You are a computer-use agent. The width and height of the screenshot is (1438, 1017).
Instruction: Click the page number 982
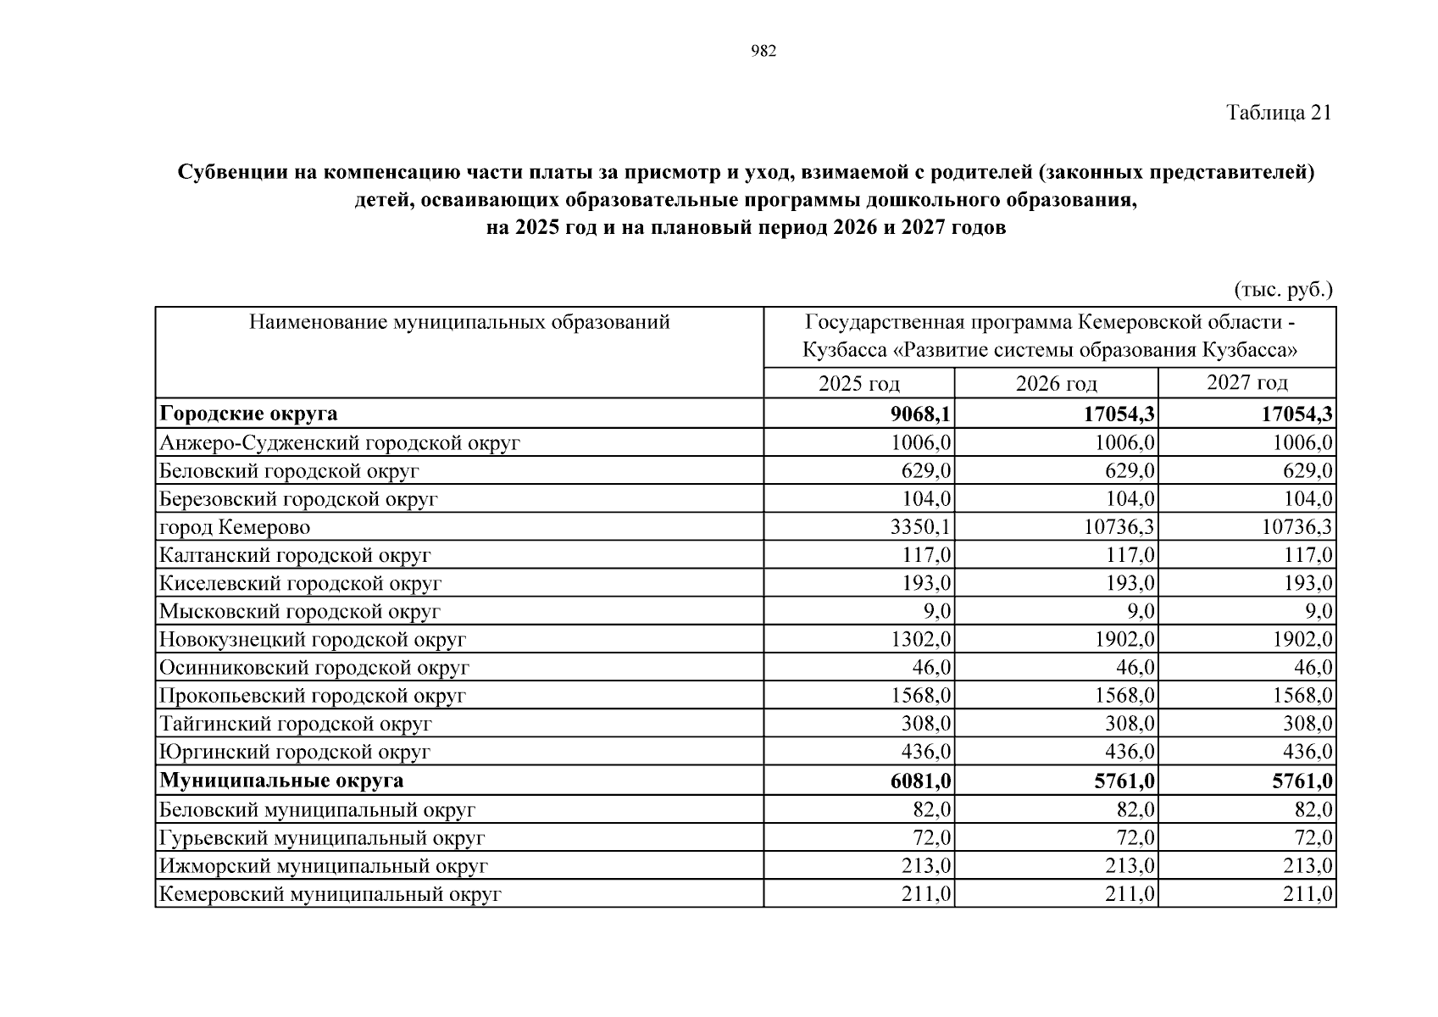coord(763,52)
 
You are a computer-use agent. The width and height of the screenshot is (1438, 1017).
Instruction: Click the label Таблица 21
coord(1279,113)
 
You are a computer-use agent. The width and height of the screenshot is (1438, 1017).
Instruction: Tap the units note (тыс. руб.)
coord(1283,290)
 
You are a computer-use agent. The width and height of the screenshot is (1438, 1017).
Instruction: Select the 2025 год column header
coord(858,384)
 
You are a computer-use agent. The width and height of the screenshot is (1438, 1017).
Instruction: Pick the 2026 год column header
coord(1056,384)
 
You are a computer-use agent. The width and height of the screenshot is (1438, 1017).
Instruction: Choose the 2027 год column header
coord(1246,383)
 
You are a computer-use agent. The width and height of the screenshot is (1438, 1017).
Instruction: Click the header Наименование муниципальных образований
coord(459,323)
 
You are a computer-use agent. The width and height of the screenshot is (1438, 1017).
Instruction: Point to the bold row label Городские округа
coord(248,414)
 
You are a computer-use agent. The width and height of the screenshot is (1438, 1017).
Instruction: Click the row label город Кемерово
coord(235,527)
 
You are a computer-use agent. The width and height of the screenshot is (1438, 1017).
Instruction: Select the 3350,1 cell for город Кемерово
coord(920,527)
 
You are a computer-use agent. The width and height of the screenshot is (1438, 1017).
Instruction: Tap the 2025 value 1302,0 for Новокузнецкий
coord(920,640)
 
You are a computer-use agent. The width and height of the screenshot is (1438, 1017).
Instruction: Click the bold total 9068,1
coord(919,414)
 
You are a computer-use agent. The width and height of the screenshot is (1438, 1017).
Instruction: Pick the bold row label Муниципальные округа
coord(281,781)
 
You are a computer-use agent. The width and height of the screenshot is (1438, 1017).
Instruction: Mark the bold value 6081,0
coord(919,781)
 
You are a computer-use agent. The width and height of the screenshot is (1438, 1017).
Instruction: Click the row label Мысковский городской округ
coord(300,612)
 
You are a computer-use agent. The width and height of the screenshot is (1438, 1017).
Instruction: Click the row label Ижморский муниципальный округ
coord(324,866)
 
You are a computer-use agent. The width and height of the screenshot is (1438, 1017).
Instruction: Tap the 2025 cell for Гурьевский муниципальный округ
coord(931,838)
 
